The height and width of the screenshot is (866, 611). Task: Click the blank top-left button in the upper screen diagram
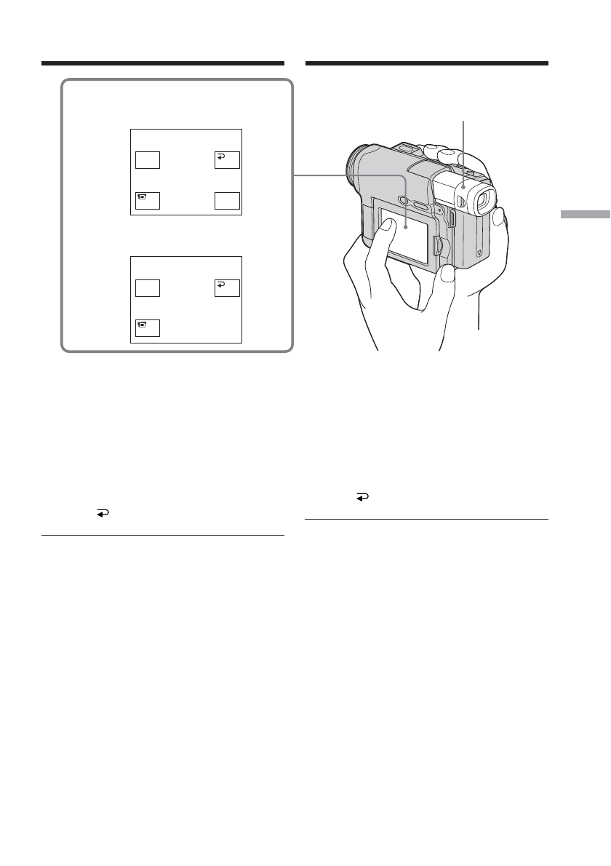(x=148, y=160)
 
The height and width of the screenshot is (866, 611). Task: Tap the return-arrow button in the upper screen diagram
(x=228, y=160)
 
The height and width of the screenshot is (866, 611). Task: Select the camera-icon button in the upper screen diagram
(x=148, y=200)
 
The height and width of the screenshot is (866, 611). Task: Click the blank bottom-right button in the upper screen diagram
(x=228, y=200)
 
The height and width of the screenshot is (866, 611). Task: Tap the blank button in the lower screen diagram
(x=148, y=288)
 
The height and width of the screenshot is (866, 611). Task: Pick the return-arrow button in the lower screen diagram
(x=228, y=288)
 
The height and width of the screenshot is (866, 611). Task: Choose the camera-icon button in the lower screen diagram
(x=148, y=328)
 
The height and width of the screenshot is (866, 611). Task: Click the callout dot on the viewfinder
(x=462, y=194)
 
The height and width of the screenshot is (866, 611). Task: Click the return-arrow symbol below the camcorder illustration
(x=361, y=497)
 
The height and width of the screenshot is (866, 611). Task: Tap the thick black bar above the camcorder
(x=426, y=63)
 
